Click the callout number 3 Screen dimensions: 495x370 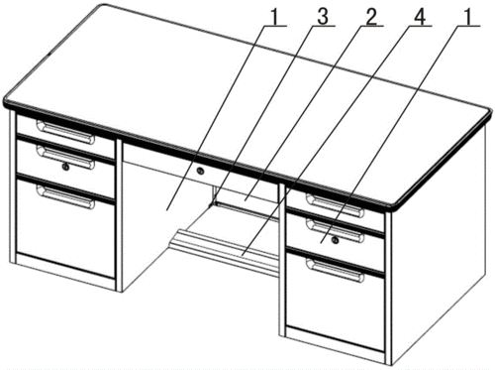pyautogui.click(x=323, y=17)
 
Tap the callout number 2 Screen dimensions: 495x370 pyautogui.click(x=370, y=17)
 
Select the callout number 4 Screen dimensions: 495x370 pyautogui.click(x=419, y=17)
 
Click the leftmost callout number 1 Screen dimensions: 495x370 pyautogui.click(x=274, y=17)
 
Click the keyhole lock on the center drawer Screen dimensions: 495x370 pyautogui.click(x=200, y=171)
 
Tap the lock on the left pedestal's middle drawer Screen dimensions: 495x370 pyautogui.click(x=66, y=168)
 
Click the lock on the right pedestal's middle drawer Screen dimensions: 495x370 pyautogui.click(x=335, y=240)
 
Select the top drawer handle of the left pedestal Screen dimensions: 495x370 pyautogui.click(x=65, y=132)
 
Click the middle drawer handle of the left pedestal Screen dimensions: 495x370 pyautogui.click(x=65, y=158)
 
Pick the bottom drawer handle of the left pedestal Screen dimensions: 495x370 pyautogui.click(x=65, y=197)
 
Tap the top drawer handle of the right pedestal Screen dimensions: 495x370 pyautogui.click(x=336, y=205)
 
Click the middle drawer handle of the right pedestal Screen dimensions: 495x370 pyautogui.click(x=336, y=231)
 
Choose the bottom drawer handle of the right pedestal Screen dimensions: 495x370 pyautogui.click(x=336, y=270)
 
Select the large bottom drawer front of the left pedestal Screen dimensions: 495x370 pyautogui.click(x=65, y=228)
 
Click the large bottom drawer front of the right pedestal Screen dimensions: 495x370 pyautogui.click(x=336, y=301)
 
